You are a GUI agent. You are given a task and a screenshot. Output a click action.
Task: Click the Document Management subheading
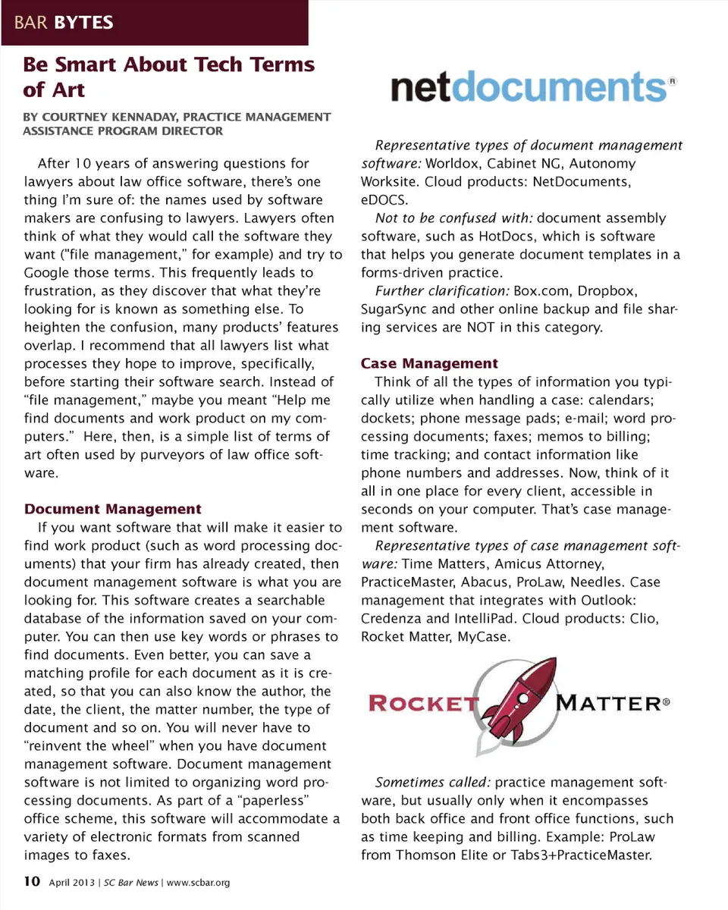click(112, 509)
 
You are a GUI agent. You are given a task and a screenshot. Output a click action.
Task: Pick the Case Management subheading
click(429, 363)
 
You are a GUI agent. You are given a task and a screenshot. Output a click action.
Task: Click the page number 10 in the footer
click(31, 881)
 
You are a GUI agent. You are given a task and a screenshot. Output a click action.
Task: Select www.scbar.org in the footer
click(198, 882)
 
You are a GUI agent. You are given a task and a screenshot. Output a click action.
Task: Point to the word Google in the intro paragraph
click(46, 272)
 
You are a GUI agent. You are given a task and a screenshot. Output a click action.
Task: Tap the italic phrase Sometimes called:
click(433, 782)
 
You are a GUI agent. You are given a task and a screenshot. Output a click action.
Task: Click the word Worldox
click(453, 163)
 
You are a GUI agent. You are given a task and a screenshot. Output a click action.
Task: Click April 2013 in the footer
click(72, 882)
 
